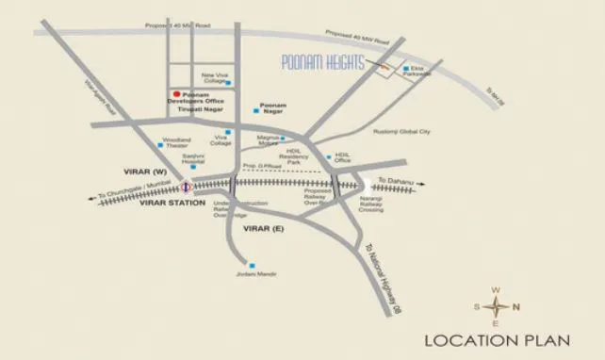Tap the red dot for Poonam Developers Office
click(x=174, y=93)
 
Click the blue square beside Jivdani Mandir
click(x=252, y=265)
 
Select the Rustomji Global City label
click(x=401, y=132)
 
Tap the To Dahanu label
click(x=395, y=179)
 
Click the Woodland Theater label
click(x=176, y=142)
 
